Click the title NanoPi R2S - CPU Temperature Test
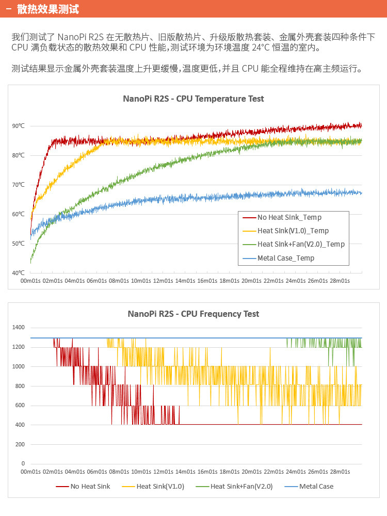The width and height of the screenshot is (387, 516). tap(193, 99)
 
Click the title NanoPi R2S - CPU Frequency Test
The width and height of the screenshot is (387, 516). tap(193, 314)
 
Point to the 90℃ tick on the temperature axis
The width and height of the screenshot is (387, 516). tap(18, 126)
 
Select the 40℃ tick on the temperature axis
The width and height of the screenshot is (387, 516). tap(18, 273)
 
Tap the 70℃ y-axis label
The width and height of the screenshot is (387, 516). tap(18, 185)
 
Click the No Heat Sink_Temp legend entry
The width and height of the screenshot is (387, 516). tap(289, 218)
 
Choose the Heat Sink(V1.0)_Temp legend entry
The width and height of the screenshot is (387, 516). tap(293, 231)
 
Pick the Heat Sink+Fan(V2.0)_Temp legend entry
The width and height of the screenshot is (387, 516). tap(301, 244)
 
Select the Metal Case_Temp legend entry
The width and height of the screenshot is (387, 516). tap(286, 258)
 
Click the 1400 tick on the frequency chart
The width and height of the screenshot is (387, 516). tap(18, 328)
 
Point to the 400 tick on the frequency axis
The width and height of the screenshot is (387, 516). tap(19, 425)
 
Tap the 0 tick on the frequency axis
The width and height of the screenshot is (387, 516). tap(22, 464)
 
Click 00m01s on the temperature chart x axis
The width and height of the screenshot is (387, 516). tap(30, 281)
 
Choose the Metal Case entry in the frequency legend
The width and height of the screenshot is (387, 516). tap(316, 486)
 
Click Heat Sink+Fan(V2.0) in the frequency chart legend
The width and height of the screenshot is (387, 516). tap(241, 486)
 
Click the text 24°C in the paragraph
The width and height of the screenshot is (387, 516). tap(263, 48)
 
